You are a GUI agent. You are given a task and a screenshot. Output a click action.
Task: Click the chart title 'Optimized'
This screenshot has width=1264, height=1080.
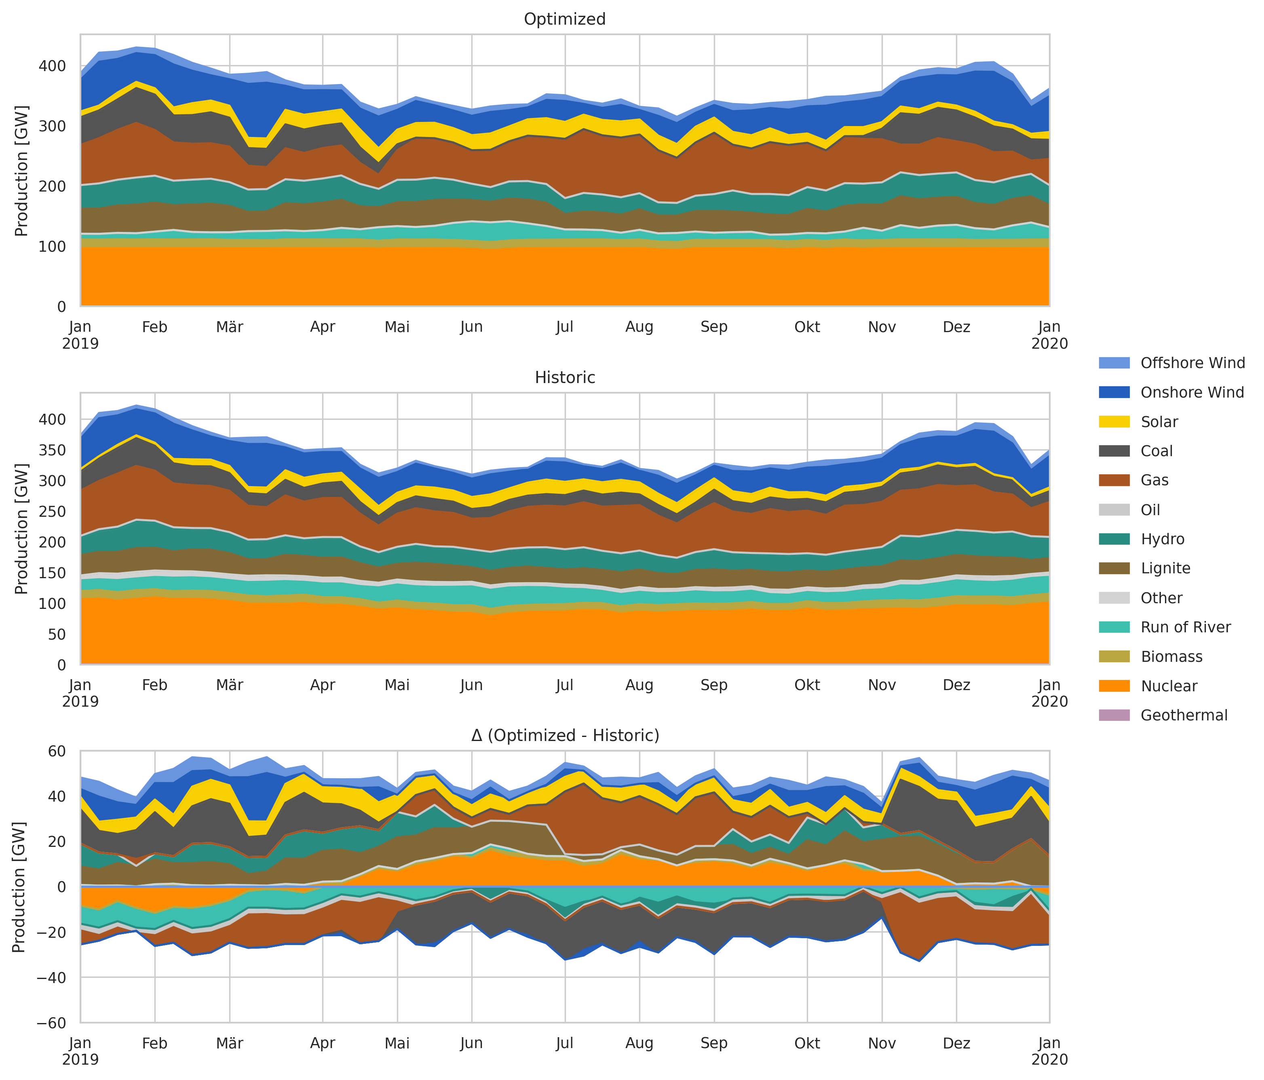(564, 19)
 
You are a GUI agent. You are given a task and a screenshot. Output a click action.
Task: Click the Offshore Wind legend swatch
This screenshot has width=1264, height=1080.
(1114, 363)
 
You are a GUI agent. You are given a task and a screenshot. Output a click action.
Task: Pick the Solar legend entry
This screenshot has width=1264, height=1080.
(1159, 422)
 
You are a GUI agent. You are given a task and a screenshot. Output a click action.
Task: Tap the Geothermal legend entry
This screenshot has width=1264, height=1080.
(1184, 715)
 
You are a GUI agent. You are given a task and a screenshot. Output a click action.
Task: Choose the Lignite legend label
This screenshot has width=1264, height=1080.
(1165, 568)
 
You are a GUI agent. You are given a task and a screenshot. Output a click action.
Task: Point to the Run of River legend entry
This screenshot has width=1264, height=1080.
(1185, 627)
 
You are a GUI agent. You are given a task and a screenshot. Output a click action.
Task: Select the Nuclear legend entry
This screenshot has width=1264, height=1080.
(1169, 686)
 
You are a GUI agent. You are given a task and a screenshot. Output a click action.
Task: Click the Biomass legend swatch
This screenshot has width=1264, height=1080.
(1114, 657)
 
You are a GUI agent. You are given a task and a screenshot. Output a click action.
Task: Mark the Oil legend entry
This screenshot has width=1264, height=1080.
(1150, 510)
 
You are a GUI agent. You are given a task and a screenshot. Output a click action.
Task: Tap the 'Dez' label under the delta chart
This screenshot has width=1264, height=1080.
(956, 1043)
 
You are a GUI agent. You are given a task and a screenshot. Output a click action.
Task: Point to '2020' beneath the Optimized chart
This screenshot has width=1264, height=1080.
(1049, 344)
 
